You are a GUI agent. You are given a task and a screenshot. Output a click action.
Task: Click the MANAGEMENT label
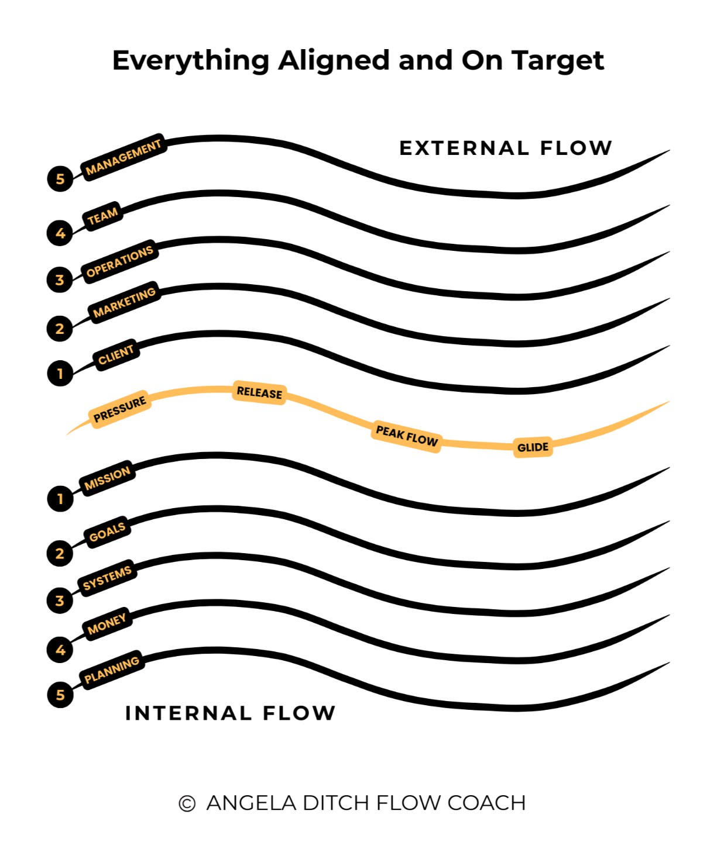click(123, 158)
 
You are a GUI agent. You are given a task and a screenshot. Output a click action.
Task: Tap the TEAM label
click(103, 216)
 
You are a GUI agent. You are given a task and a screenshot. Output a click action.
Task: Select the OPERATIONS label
click(119, 261)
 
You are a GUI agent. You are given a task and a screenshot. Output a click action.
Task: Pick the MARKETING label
click(124, 302)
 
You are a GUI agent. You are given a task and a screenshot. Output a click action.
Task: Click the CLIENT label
click(116, 354)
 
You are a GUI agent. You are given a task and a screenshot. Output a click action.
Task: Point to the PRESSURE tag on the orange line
click(119, 409)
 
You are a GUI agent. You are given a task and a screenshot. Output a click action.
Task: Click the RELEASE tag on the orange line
click(259, 392)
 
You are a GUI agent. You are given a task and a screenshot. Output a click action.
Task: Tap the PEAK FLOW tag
click(407, 436)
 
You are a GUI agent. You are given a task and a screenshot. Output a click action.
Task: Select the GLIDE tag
click(533, 447)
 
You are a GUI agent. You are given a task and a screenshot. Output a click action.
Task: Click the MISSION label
click(107, 478)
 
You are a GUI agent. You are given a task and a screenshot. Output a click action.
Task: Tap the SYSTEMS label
click(107, 578)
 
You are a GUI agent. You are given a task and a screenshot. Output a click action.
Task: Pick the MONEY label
click(107, 624)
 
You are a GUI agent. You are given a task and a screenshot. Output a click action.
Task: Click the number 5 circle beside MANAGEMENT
click(60, 178)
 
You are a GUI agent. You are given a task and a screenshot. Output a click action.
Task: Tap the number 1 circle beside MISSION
click(60, 499)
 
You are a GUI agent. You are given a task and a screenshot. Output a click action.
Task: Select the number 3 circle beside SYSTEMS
click(60, 601)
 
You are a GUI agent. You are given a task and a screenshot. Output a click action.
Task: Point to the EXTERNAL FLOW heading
click(506, 148)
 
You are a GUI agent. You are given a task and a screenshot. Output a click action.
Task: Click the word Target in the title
click(558, 60)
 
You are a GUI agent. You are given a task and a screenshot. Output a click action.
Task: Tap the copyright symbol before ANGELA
click(187, 803)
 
